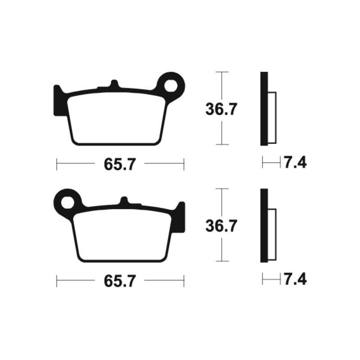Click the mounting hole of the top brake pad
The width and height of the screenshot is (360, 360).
[x=172, y=84]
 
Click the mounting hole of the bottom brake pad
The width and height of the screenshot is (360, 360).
[x=68, y=201]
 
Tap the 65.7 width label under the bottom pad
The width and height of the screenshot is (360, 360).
[x=120, y=282]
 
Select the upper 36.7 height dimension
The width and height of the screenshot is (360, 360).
[x=220, y=109]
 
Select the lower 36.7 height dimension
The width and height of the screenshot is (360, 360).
[x=220, y=226]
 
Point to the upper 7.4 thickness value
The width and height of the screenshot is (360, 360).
[x=295, y=162]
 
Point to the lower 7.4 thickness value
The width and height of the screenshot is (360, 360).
[x=295, y=279]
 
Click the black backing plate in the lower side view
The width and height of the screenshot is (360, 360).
[x=264, y=225]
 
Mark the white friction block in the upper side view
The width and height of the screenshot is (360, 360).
[x=272, y=118]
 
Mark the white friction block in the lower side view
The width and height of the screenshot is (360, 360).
[x=272, y=235]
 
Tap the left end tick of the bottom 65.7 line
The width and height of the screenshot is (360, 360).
[x=57, y=282]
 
